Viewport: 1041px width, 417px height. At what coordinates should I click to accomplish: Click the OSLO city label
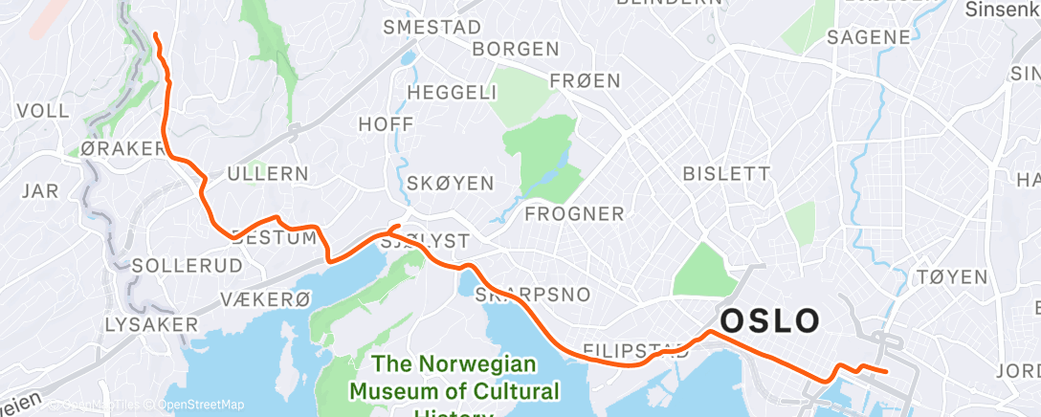[x=769, y=320]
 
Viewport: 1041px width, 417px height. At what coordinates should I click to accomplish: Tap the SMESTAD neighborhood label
[x=432, y=28]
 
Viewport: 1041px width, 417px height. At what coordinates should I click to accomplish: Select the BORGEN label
[x=516, y=49]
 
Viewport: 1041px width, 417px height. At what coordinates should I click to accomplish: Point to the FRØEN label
[x=586, y=81]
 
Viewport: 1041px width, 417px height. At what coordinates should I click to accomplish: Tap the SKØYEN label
[x=450, y=183]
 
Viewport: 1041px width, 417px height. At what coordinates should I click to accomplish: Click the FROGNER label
[x=574, y=213]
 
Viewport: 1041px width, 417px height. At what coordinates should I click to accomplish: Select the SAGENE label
[x=868, y=37]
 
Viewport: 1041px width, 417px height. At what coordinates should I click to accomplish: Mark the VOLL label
[x=43, y=111]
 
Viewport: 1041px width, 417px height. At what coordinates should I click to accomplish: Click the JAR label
[x=39, y=190]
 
